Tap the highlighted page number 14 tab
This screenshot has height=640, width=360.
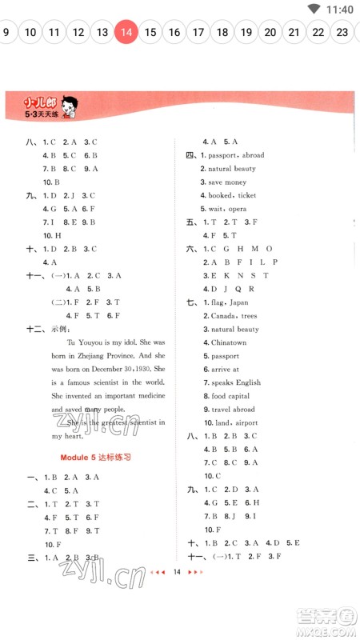(126, 32)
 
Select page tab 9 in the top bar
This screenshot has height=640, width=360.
(6, 32)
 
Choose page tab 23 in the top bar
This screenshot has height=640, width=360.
(342, 32)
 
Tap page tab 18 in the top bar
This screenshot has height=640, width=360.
(222, 32)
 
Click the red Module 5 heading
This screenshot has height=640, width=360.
(95, 457)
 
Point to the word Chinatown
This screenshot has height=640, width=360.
(229, 342)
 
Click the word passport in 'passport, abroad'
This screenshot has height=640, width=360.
(223, 155)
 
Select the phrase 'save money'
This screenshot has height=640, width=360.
(227, 182)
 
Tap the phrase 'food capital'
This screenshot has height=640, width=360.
(230, 396)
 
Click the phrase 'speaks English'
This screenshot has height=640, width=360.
(235, 382)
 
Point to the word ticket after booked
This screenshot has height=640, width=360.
(246, 195)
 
